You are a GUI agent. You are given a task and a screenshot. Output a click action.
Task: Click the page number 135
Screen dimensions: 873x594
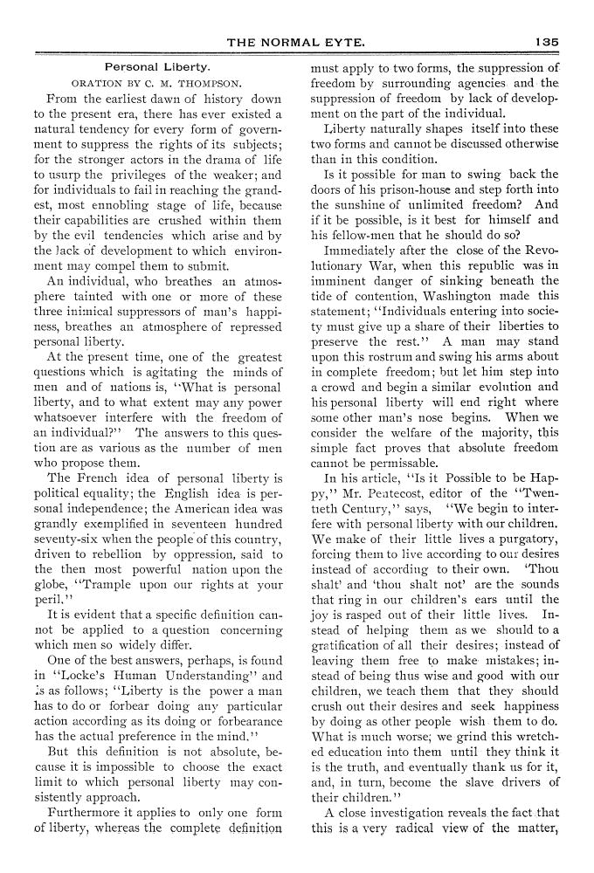[x=549, y=40]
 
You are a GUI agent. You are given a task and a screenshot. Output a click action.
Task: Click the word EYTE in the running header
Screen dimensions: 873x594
[x=344, y=40]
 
